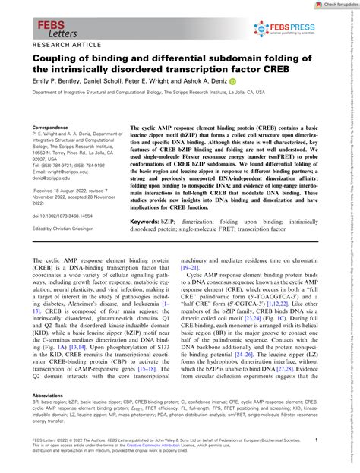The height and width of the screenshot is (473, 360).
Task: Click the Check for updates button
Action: coord(333,5)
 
